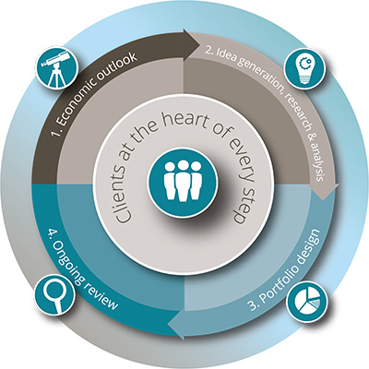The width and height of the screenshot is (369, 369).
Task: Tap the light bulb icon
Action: coord(304,68)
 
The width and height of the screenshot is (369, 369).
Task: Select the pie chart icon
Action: coord(307,302)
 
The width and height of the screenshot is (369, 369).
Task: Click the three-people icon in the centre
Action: coord(183,183)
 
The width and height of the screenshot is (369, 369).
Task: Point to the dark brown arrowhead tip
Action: coord(199,43)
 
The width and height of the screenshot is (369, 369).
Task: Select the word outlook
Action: coord(121,65)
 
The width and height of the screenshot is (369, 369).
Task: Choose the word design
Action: coord(307,245)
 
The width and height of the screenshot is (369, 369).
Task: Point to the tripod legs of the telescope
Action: coord(56,76)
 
